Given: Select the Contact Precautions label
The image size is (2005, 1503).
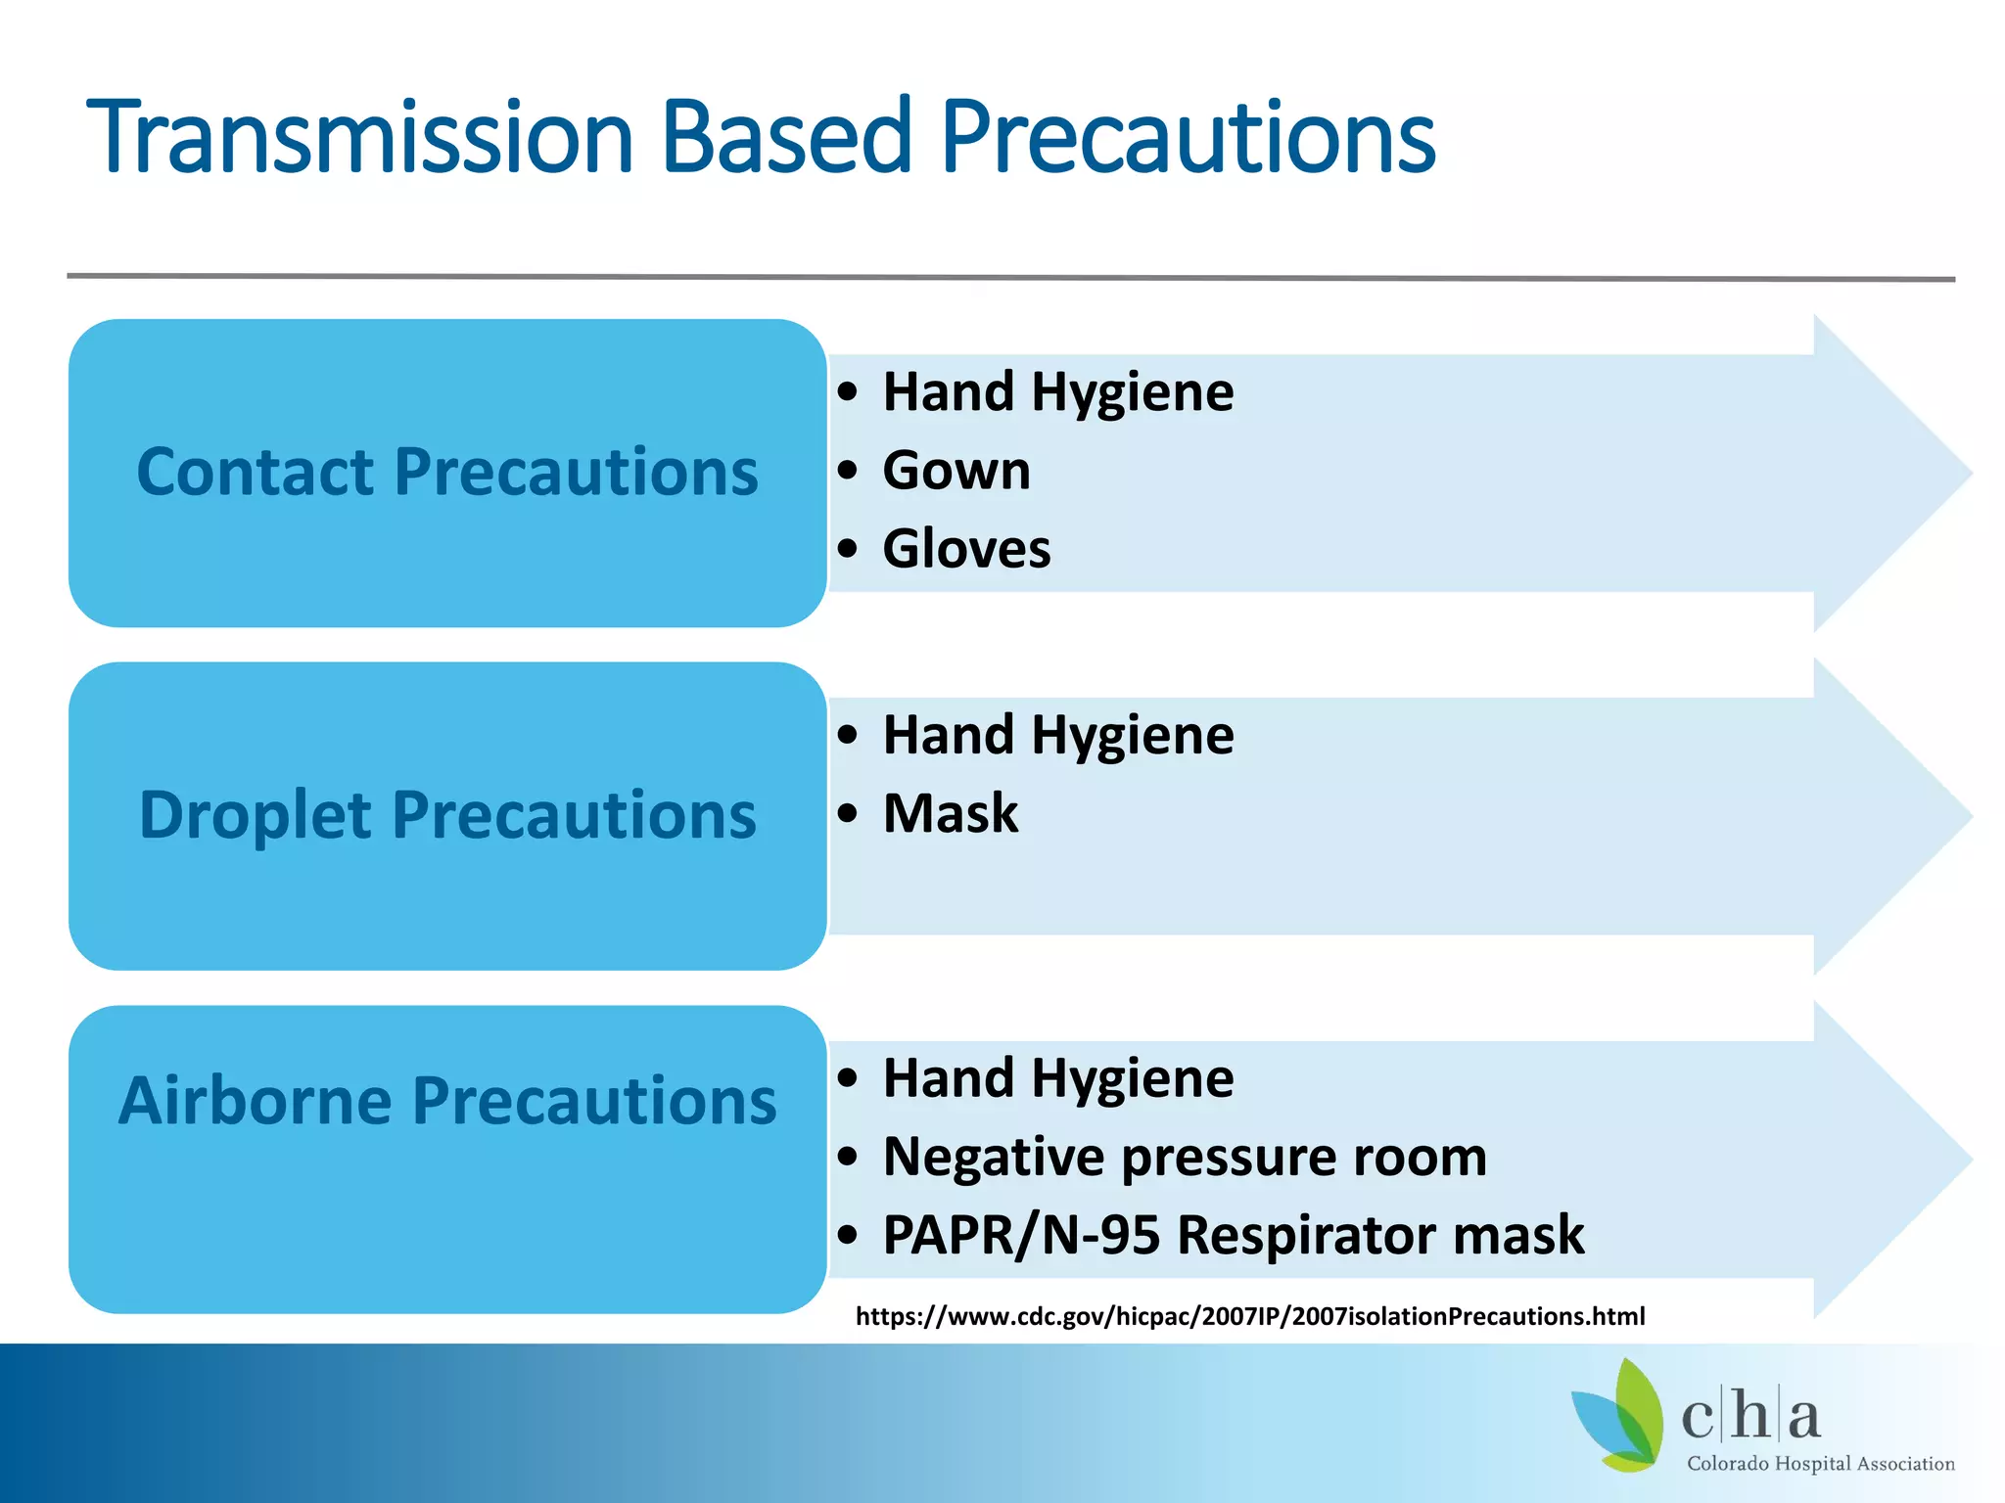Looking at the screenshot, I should coord(447,472).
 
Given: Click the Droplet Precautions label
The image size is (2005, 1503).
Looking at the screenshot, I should coord(447,815).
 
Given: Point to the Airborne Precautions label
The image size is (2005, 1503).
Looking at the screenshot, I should coord(447,1101).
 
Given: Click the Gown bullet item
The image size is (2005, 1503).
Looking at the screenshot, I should coord(956,471).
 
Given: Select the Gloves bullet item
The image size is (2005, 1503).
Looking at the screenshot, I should coord(966,549).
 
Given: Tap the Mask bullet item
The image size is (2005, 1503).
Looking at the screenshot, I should coord(950,813).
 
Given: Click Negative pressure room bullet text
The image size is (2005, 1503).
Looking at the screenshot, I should coord(1185,1157).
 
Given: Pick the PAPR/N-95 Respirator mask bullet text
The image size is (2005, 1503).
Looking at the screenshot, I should coord(1233,1235).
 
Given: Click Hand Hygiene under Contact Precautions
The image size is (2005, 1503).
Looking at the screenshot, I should coord(1057,392).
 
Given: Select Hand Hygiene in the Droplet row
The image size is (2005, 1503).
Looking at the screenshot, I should coord(1057,735).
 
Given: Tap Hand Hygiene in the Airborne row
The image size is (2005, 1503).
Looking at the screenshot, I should coord(1057,1078).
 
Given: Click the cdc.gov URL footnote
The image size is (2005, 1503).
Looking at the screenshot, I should coord(1250,1316).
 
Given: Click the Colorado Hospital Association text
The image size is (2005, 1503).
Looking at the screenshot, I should coord(1820,1464).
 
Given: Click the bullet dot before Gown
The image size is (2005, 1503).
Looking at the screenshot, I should coord(848,471).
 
